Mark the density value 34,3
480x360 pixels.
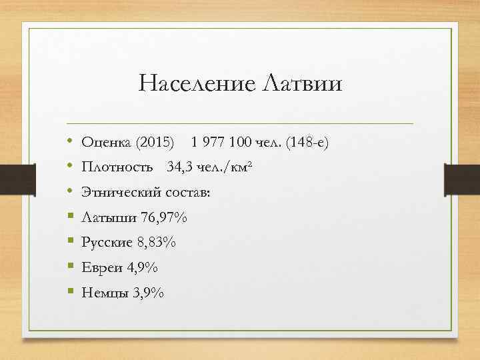179,168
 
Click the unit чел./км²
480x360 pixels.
224,168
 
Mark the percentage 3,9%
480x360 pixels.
149,293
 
